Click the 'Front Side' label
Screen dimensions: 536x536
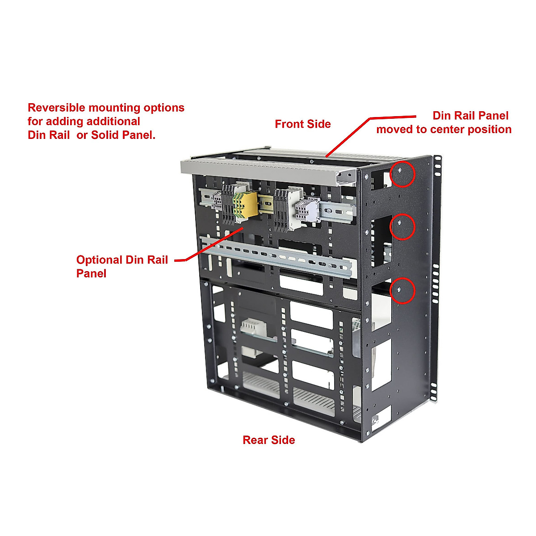pos(302,124)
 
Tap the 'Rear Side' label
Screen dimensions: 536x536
pos(268,440)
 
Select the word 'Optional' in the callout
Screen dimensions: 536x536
pos(99,260)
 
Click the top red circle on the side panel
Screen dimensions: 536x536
pos(403,174)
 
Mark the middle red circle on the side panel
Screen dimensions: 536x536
pos(403,227)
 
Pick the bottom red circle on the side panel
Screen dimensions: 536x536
pos(403,291)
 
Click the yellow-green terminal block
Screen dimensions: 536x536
pos(245,207)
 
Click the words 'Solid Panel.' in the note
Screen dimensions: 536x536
pos(123,135)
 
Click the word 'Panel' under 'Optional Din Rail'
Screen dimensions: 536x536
pos(91,274)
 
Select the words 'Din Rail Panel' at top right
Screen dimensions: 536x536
pos(470,116)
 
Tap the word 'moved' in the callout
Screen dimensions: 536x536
pos(394,130)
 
